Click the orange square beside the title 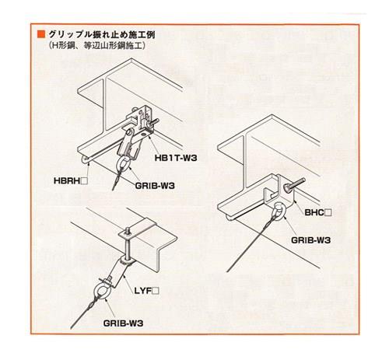click(x=41, y=34)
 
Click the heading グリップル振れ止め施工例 click(x=102, y=34)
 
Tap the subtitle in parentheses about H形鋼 click(x=96, y=46)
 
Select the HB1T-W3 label click(x=176, y=158)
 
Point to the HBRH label click(x=67, y=181)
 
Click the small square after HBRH click(x=84, y=181)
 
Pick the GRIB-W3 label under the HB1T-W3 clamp click(x=155, y=186)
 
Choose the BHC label click(x=314, y=213)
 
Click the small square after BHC click(x=328, y=213)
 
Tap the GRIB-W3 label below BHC click(x=311, y=240)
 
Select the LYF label click(x=143, y=291)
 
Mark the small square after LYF click(x=156, y=291)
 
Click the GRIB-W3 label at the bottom click(x=123, y=323)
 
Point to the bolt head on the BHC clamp click(x=289, y=188)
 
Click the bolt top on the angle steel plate click(x=127, y=231)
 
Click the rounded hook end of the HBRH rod click(x=83, y=160)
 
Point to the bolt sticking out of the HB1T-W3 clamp click(x=154, y=122)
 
